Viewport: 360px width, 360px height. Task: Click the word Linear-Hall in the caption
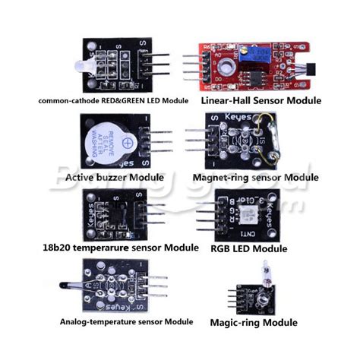click(226, 100)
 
